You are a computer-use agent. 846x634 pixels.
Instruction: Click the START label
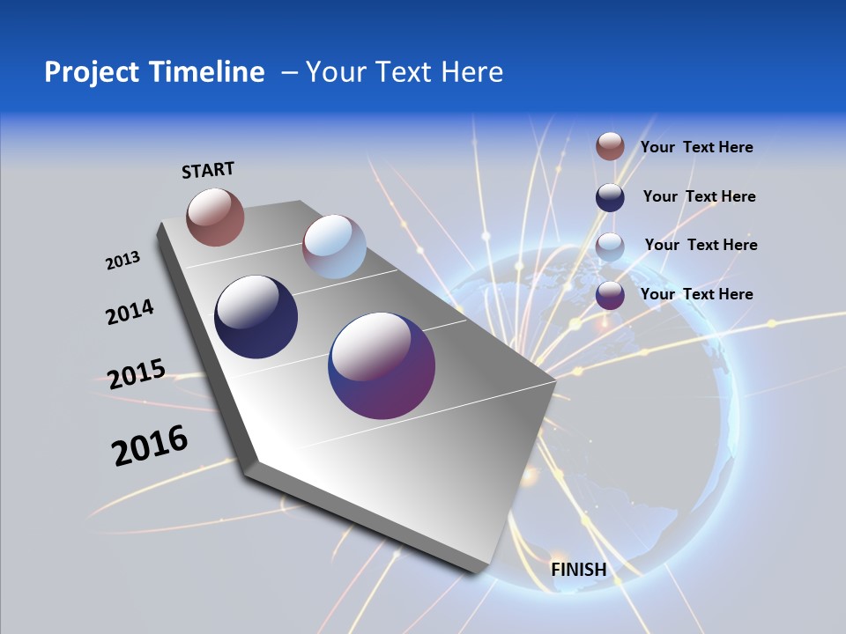pyautogui.click(x=208, y=170)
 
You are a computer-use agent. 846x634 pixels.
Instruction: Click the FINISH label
pyautogui.click(x=578, y=570)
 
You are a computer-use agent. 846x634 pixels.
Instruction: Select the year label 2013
pyautogui.click(x=122, y=261)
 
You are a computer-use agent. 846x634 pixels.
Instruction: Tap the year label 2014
pyautogui.click(x=130, y=312)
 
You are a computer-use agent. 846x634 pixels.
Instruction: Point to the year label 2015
pyautogui.click(x=137, y=374)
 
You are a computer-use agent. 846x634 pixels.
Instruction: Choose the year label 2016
pyautogui.click(x=150, y=446)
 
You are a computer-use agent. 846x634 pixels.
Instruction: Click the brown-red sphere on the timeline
pyautogui.click(x=215, y=217)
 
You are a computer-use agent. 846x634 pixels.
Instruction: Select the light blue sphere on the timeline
pyautogui.click(x=334, y=247)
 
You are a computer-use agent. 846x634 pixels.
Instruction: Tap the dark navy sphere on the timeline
pyautogui.click(x=256, y=317)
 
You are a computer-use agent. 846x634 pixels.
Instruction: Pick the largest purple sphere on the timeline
pyautogui.click(x=382, y=365)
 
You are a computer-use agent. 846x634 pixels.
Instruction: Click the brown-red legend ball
pyautogui.click(x=610, y=146)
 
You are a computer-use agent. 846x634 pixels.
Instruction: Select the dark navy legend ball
pyautogui.click(x=610, y=197)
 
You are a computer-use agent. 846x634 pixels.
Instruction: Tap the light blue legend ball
pyautogui.click(x=610, y=247)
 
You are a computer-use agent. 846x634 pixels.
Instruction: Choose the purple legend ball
pyautogui.click(x=610, y=295)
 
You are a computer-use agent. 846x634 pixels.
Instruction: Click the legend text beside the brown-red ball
pyautogui.click(x=696, y=147)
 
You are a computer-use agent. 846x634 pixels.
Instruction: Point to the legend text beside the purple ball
pyautogui.click(x=696, y=294)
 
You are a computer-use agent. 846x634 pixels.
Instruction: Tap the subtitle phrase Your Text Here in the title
pyautogui.click(x=404, y=72)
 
